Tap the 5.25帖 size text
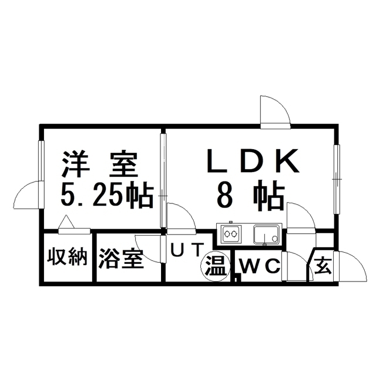(107, 194)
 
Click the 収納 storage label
(68, 258)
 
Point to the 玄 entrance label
(323, 267)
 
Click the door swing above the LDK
(274, 112)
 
